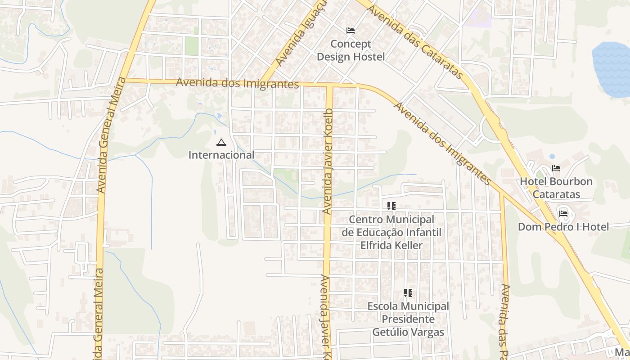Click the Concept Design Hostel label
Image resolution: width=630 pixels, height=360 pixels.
(x=351, y=50)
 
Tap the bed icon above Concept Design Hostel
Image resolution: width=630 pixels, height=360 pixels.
(x=351, y=31)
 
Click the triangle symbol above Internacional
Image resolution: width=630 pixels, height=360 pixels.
(x=221, y=143)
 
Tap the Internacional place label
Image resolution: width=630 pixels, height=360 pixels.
(x=221, y=155)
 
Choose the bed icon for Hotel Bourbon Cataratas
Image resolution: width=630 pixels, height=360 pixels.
(x=556, y=168)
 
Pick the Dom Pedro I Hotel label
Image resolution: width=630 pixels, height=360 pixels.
(x=563, y=227)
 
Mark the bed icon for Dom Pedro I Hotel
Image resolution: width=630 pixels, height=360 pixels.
(x=563, y=213)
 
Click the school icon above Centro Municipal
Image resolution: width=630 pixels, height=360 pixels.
(x=391, y=206)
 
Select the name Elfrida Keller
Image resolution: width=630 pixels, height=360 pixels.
(x=391, y=246)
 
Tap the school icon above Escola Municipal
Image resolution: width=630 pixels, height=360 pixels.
(x=408, y=293)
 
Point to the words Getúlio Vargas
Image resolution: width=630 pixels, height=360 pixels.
(x=408, y=333)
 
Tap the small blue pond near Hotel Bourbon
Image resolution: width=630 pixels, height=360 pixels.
(x=552, y=156)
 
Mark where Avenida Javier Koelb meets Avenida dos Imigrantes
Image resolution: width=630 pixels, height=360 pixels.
(x=328, y=85)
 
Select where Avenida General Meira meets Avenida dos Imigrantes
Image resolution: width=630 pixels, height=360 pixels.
(x=124, y=80)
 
